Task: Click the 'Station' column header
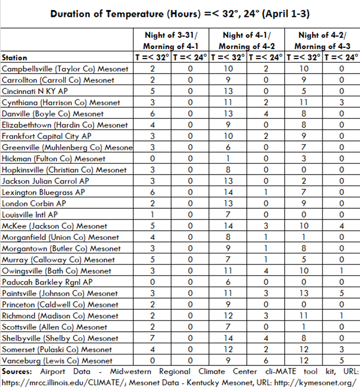click(15, 57)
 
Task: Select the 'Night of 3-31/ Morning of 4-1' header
click(171, 40)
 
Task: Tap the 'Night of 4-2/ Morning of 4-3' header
click(322, 40)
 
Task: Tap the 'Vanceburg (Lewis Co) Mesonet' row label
click(57, 361)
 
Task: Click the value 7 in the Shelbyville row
click(152, 338)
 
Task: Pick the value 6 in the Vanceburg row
click(266, 361)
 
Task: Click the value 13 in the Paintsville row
click(304, 293)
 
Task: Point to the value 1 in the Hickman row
click(228, 159)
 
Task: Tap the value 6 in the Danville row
click(152, 114)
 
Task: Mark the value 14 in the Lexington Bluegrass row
click(228, 192)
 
